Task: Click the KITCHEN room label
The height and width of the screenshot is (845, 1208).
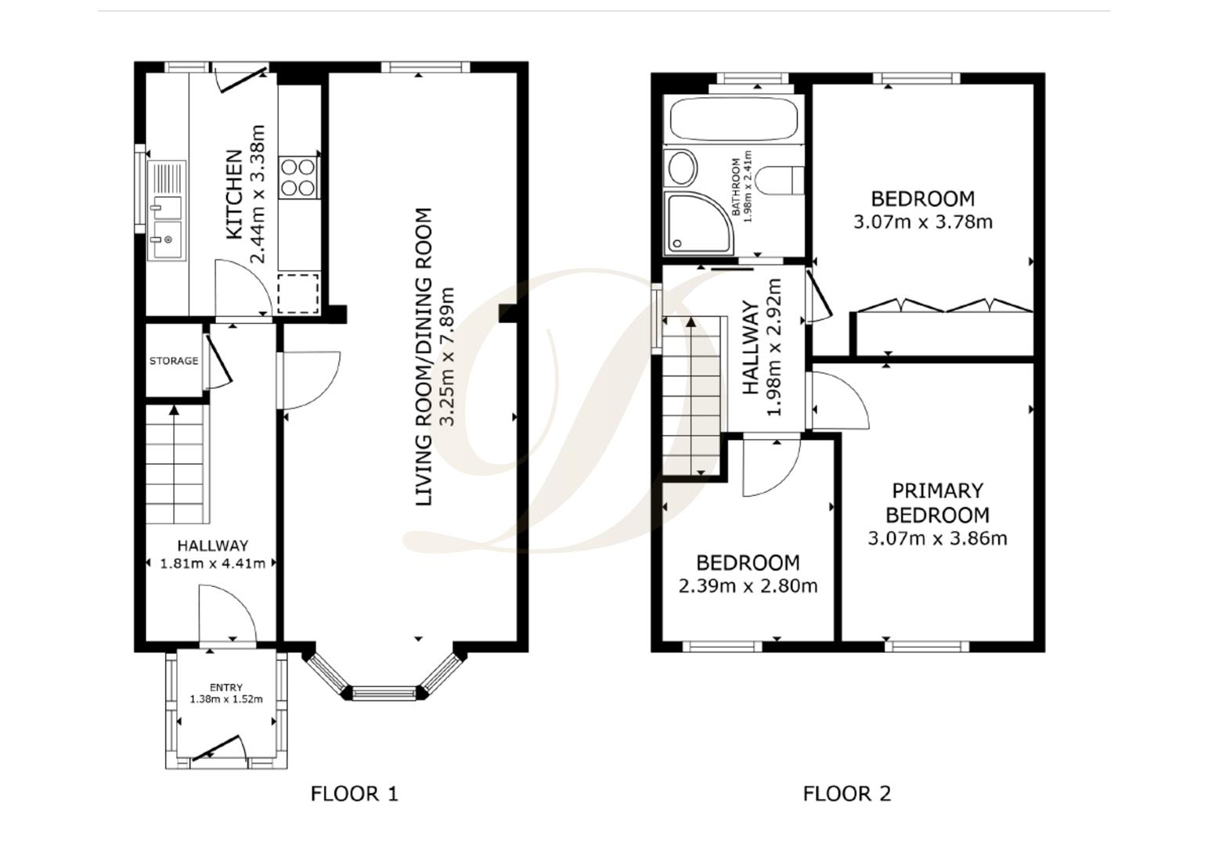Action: tap(234, 194)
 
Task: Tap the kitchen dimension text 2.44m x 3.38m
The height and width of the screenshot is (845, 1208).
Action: tap(258, 194)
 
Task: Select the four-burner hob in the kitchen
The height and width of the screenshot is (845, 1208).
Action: tap(297, 178)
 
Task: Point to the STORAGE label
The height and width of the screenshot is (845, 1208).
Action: tap(174, 361)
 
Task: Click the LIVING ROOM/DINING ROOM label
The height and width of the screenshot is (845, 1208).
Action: tap(424, 357)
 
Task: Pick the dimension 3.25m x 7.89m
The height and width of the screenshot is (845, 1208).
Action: tap(447, 357)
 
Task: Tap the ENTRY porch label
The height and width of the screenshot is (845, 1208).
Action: tap(226, 687)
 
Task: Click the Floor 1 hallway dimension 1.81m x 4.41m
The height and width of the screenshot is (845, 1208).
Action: tap(213, 563)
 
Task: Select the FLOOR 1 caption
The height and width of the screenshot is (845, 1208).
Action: tap(355, 794)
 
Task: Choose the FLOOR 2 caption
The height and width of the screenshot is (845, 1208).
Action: tap(847, 794)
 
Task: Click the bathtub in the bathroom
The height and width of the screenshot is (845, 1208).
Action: tap(734, 120)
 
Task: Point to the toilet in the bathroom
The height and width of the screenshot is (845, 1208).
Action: tap(780, 180)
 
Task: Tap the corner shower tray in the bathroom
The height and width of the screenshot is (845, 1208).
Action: tap(699, 223)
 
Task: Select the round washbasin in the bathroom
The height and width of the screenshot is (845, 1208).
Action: tap(682, 167)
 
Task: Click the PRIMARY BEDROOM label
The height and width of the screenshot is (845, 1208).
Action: tap(938, 503)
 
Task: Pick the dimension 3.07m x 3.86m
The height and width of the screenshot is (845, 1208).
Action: tap(938, 538)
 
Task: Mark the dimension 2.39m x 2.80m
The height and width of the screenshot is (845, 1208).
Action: tap(748, 586)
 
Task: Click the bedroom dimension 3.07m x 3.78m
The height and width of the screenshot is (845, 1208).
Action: tap(923, 222)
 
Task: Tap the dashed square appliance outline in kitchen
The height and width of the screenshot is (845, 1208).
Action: tap(297, 293)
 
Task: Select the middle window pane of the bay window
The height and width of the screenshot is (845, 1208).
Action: tap(385, 693)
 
